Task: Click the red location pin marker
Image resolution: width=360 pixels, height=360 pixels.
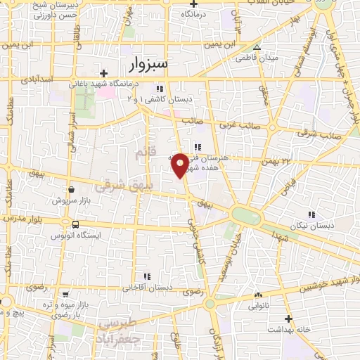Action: click(x=180, y=164)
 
